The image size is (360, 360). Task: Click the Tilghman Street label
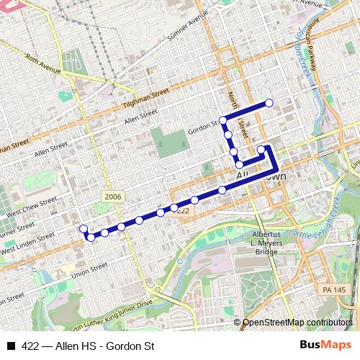click(x=145, y=96)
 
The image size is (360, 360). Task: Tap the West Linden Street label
click(x=29, y=244)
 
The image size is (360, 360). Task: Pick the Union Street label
click(x=89, y=271)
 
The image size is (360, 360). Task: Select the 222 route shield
click(x=184, y=210)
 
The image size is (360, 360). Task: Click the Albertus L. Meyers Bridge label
click(x=270, y=243)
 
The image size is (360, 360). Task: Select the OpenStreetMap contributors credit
click(x=297, y=323)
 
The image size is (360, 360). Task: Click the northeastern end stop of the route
click(x=269, y=103)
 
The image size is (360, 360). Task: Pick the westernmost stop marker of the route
click(x=84, y=229)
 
